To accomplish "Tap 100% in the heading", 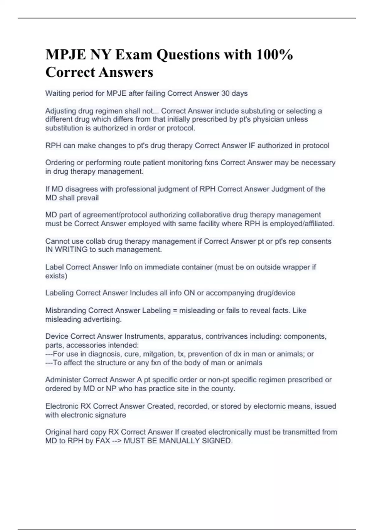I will [x=274, y=55].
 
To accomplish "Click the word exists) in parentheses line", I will [x=56, y=276].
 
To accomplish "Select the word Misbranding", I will [x=65, y=311].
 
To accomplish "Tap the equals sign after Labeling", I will [x=175, y=311].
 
